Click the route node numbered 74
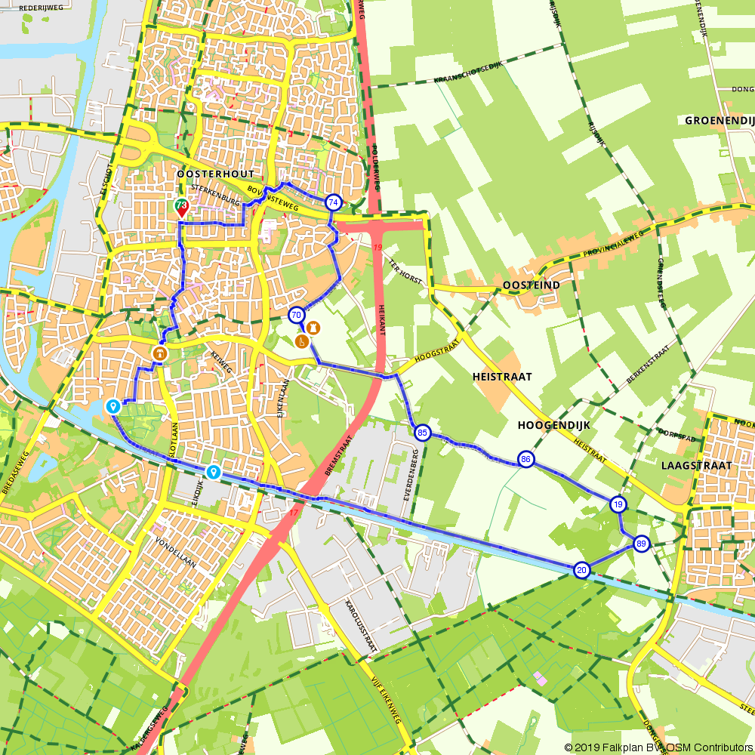coord(333,202)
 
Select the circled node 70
coord(296,315)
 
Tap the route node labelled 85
coord(422,433)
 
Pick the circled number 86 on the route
coord(526,459)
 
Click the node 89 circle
coord(641,544)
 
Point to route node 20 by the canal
coord(581,570)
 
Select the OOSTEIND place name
coord(532,285)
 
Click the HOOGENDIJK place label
coord(553,426)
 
